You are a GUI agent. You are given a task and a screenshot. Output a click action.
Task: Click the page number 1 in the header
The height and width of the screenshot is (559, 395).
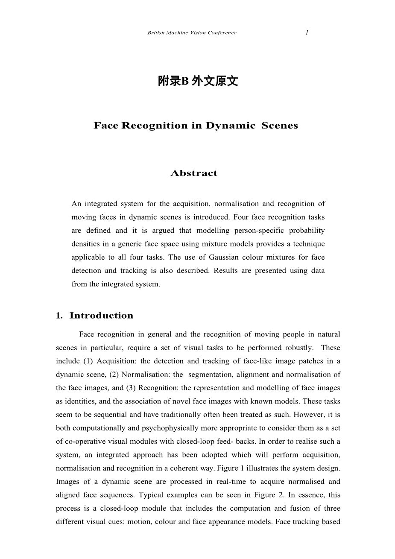point(307,32)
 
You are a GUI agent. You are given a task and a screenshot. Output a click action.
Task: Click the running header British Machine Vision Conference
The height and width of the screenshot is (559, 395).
point(192,33)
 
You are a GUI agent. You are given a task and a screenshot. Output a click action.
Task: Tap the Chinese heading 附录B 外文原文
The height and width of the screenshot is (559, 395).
point(198,81)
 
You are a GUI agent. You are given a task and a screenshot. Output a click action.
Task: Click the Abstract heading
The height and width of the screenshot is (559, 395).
point(194,173)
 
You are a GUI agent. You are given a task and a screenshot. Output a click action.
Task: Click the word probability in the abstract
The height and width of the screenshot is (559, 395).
point(307,231)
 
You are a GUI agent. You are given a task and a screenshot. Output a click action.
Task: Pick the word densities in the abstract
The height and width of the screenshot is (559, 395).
point(84,244)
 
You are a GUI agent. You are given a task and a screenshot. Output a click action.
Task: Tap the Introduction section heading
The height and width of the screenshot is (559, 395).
point(101,316)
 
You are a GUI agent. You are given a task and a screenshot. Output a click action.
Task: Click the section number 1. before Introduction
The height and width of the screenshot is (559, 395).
point(59,316)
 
